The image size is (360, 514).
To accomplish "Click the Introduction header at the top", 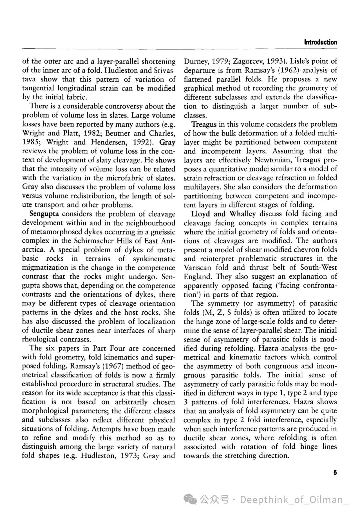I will tap(320, 42).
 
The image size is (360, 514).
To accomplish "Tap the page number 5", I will tap(335, 473).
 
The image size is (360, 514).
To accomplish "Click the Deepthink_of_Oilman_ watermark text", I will tap(294, 500).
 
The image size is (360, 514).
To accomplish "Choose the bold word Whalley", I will tap(242, 214).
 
